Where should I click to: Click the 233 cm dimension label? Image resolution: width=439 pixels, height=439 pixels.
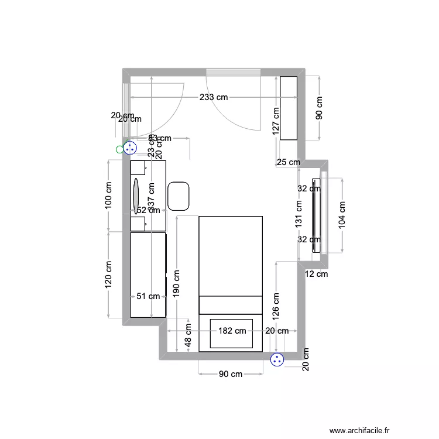(213, 97)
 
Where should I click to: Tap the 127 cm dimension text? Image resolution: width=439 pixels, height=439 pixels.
(276, 121)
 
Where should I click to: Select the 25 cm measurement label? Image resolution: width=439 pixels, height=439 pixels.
(288, 162)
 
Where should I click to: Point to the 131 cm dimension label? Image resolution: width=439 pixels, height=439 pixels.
(299, 214)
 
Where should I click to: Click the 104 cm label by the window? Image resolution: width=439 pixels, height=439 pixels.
(342, 214)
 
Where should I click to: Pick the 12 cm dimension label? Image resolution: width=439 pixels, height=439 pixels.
(317, 273)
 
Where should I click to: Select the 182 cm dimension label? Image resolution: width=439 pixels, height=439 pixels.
(232, 331)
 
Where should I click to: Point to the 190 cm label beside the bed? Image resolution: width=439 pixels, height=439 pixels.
(177, 283)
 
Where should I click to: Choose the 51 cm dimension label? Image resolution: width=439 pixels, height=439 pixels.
(148, 296)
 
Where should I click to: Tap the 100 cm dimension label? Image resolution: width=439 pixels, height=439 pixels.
(108, 197)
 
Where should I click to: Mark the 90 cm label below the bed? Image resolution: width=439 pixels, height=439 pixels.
(231, 374)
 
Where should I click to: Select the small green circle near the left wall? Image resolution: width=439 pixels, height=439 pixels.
(120, 149)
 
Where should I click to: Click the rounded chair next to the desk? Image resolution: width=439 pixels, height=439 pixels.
(179, 196)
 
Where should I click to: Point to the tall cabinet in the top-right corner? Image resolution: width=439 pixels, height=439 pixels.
(289, 108)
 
